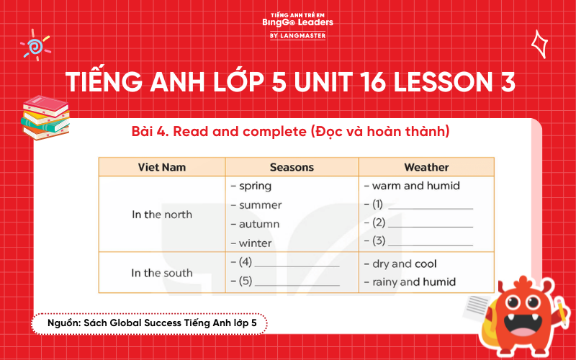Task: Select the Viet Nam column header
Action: pyautogui.click(x=162, y=167)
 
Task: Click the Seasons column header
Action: pyautogui.click(x=292, y=167)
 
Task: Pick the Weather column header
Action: pyautogui.click(x=426, y=167)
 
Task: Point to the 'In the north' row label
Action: pyautogui.click(x=162, y=215)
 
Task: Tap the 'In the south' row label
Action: pyautogui.click(x=162, y=273)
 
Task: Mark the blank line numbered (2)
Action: pyautogui.click(x=430, y=224)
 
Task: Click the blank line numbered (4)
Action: pyautogui.click(x=297, y=264)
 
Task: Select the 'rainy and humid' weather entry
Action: pyautogui.click(x=414, y=282)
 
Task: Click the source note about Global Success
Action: pyautogui.click(x=149, y=325)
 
